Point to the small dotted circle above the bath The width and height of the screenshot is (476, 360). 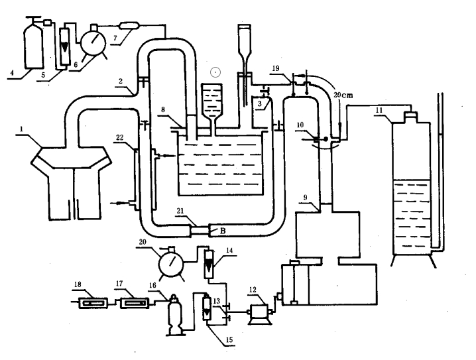214,71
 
